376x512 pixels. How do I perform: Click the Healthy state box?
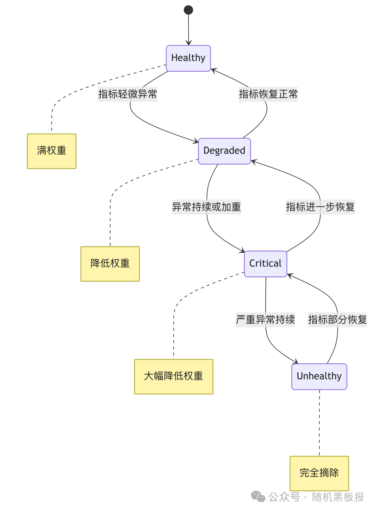(188, 58)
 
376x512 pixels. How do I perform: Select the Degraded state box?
(224, 151)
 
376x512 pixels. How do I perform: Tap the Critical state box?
(265, 263)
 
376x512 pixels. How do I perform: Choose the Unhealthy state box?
(319, 376)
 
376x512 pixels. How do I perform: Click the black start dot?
(188, 10)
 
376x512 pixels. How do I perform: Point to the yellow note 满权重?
(52, 151)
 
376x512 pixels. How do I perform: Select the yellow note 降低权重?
(110, 263)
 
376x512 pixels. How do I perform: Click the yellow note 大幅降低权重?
(173, 376)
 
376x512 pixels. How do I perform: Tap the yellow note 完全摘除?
(319, 473)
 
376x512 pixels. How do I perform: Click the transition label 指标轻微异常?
(127, 94)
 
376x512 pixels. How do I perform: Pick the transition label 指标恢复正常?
(268, 94)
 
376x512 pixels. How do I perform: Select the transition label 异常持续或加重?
(206, 207)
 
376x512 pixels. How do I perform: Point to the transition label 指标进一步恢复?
(320, 207)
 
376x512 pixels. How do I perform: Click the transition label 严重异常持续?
(265, 320)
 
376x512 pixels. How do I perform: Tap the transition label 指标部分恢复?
(337, 320)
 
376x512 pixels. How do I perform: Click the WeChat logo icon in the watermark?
(258, 497)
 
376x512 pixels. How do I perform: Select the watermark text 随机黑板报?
(338, 497)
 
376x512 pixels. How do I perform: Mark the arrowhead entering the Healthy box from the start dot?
(189, 43)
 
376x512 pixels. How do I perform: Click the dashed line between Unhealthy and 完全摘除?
(319, 423)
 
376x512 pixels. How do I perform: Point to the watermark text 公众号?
(284, 497)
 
